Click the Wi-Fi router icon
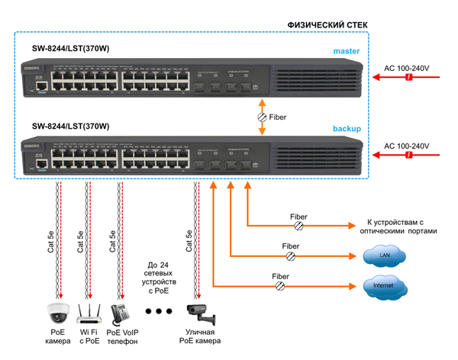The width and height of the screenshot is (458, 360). click(x=89, y=311)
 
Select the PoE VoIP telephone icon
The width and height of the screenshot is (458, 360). click(x=120, y=313)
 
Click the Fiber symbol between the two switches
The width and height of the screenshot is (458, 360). click(x=262, y=117)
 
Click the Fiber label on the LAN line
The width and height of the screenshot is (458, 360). click(x=290, y=246)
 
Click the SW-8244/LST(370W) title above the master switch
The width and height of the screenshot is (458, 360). click(x=70, y=49)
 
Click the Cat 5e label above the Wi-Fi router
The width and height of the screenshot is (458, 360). click(x=79, y=243)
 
